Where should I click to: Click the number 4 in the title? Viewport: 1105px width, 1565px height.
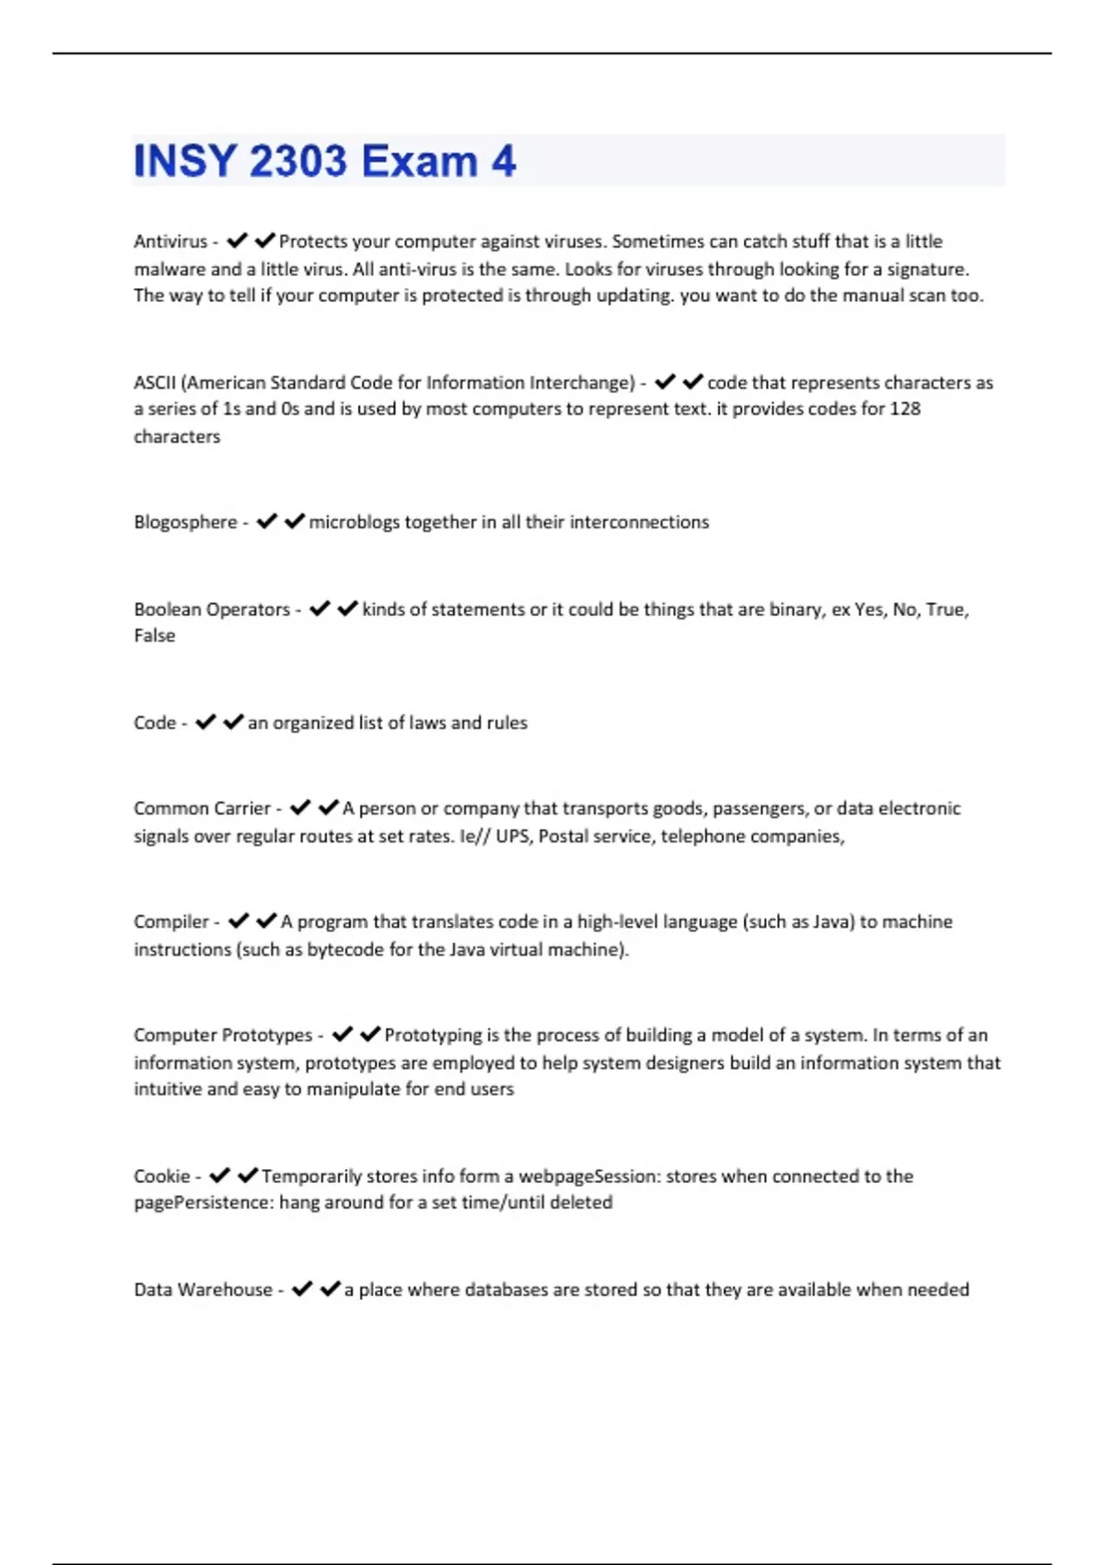(503, 161)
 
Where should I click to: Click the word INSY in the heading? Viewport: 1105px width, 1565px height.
(184, 161)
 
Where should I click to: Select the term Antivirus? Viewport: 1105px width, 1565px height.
(170, 241)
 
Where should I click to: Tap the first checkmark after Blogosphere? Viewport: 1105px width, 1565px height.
(267, 521)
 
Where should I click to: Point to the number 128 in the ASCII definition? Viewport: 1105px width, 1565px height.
(904, 409)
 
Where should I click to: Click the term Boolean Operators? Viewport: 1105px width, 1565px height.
(212, 609)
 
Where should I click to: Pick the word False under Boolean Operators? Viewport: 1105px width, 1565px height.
(154, 635)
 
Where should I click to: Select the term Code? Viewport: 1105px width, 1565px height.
(155, 723)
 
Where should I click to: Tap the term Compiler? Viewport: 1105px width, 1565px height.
(171, 922)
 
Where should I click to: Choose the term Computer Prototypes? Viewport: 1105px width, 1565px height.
(223, 1035)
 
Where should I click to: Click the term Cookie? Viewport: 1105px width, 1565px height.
(161, 1176)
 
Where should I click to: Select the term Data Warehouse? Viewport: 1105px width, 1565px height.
(203, 1290)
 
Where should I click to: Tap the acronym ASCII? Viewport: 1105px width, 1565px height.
(155, 382)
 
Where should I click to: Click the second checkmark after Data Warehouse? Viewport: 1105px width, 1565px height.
(330, 1289)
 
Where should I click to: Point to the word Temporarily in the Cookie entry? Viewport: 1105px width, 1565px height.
(311, 1176)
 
